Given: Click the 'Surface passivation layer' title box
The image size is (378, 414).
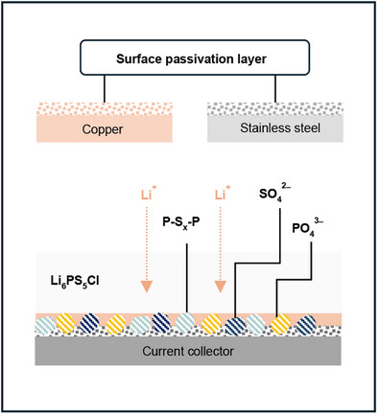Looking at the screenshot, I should point(190,60).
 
